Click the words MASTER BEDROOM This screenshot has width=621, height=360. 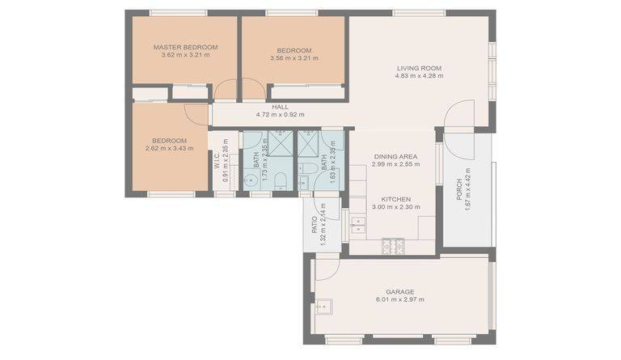pyautogui.click(x=185, y=47)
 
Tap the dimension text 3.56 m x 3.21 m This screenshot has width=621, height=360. pyautogui.click(x=294, y=58)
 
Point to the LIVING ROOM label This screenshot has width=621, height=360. pyautogui.click(x=419, y=68)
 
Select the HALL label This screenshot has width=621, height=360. pyautogui.click(x=280, y=107)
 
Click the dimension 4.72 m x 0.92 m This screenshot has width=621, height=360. pyautogui.click(x=280, y=114)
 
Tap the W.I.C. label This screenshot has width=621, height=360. pyautogui.click(x=218, y=160)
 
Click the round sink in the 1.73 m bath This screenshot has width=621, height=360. pyautogui.click(x=251, y=180)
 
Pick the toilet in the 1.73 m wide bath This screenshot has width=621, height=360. pyautogui.click(x=281, y=180)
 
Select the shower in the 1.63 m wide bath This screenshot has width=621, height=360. pyautogui.click(x=308, y=143)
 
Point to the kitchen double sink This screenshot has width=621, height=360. pyautogui.click(x=358, y=225)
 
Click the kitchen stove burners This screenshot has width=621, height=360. pyautogui.click(x=393, y=246)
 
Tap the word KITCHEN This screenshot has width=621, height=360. pyautogui.click(x=396, y=199)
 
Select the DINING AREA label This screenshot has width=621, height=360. pyautogui.click(x=395, y=157)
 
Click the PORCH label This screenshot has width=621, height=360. pyautogui.click(x=459, y=189)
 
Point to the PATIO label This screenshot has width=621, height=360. pyautogui.click(x=315, y=225)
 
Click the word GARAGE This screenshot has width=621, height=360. pyautogui.click(x=400, y=292)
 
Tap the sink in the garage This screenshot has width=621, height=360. pyautogui.click(x=324, y=307)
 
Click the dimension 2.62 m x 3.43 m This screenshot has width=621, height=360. pyautogui.click(x=170, y=149)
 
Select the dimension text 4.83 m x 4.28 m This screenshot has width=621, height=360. pyautogui.click(x=420, y=76)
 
